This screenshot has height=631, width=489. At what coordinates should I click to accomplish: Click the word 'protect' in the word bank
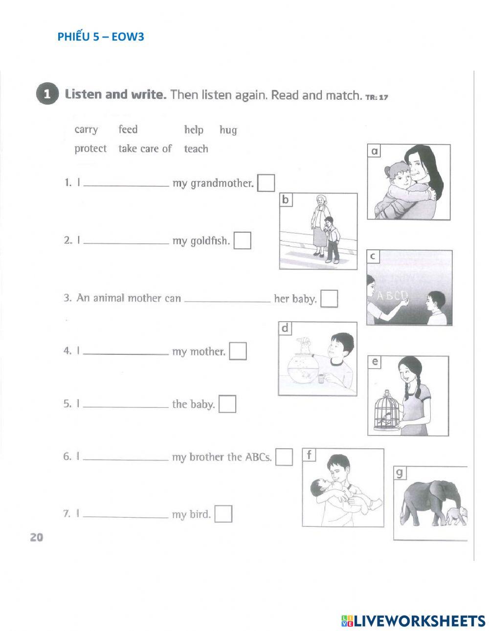click(x=90, y=149)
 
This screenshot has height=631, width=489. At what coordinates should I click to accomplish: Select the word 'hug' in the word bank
click(x=228, y=130)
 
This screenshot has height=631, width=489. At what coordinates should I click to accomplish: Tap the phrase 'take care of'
click(x=145, y=149)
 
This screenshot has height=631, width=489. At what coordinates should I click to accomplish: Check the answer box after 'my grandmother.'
click(x=266, y=183)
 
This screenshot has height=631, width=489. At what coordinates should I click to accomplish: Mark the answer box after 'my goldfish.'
click(x=242, y=240)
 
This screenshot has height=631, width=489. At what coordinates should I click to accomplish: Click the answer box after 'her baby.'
click(x=329, y=298)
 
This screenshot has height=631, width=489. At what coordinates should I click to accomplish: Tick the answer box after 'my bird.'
click(x=223, y=514)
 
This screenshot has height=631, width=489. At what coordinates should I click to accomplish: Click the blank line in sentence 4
click(x=126, y=353)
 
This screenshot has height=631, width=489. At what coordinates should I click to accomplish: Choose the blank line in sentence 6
click(x=126, y=459)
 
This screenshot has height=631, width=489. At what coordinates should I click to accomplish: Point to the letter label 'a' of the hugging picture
click(x=375, y=152)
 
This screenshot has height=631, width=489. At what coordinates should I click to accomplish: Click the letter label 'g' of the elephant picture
click(x=400, y=473)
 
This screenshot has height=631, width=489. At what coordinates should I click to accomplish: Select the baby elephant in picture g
click(x=456, y=516)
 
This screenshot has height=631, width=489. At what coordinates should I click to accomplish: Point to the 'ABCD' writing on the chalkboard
click(x=392, y=296)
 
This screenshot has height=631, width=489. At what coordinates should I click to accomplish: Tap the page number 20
click(x=37, y=537)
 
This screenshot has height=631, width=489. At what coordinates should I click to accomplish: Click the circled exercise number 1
click(x=46, y=94)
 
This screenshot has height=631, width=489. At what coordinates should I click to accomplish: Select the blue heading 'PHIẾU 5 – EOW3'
click(x=101, y=37)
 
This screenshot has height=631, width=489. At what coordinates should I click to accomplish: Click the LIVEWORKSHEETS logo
click(x=413, y=621)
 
